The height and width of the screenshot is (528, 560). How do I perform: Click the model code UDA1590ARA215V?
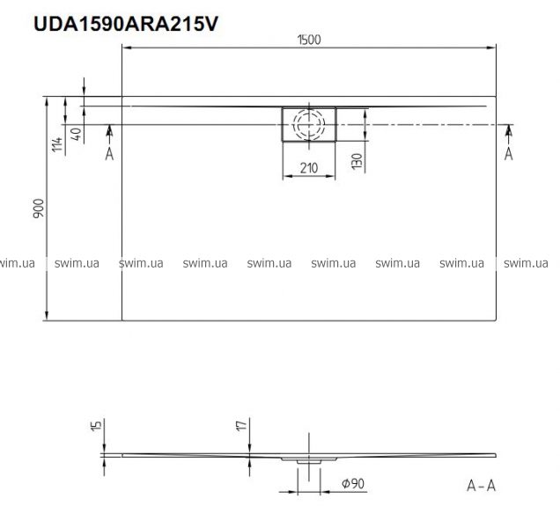pos(125,24)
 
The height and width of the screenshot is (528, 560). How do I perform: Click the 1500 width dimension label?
pos(309,40)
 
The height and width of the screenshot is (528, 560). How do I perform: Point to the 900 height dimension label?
pos(38,209)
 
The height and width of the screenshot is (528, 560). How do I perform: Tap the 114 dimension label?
pos(57,144)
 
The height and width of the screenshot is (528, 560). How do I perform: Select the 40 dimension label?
pos(76,134)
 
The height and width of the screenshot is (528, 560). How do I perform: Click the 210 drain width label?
pos(309,167)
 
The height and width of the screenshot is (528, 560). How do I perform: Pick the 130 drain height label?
pos(357,161)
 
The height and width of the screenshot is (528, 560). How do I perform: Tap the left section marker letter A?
pos(109,154)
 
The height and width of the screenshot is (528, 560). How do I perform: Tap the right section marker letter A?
pos(509,154)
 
